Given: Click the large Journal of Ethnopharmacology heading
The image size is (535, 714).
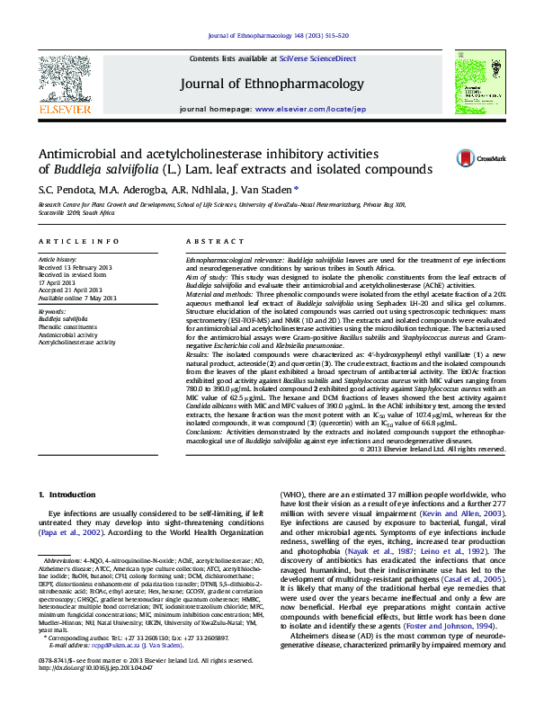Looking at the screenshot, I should (268, 85).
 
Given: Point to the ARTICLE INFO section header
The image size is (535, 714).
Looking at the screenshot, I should (78, 242).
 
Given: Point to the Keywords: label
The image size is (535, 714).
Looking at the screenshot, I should (52, 311).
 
